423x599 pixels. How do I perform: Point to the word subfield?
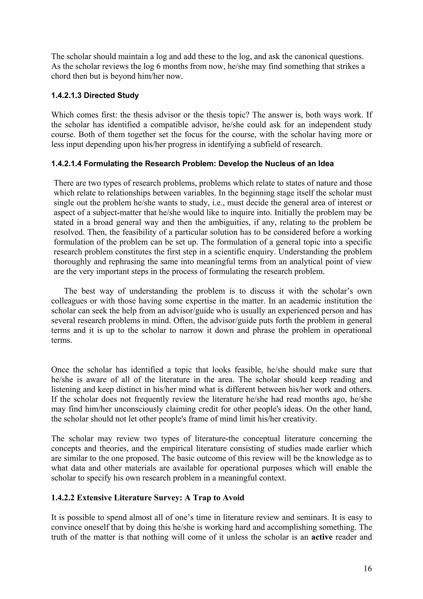pos(265,144)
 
